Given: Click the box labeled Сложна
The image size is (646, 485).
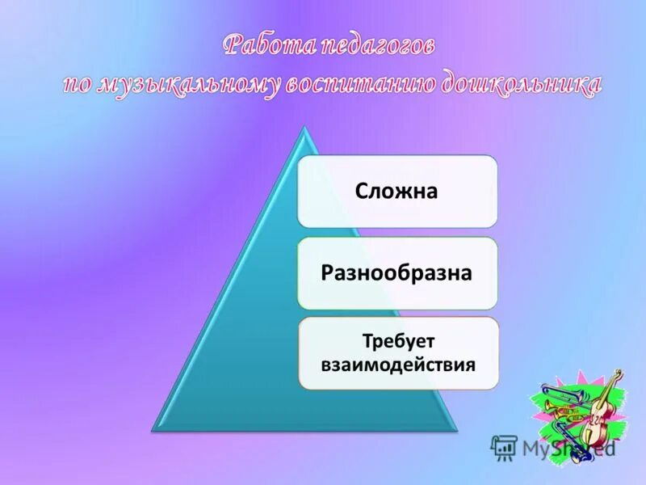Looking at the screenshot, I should click(x=396, y=192).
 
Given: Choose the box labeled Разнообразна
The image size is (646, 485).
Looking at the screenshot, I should click(x=396, y=273).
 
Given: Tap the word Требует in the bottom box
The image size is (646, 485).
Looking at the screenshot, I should click(x=396, y=342).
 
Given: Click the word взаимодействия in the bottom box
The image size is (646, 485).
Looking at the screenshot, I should click(x=396, y=364).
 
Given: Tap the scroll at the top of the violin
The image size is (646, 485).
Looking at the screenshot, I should click(x=618, y=375).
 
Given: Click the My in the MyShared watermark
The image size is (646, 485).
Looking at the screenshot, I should click(x=535, y=448).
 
